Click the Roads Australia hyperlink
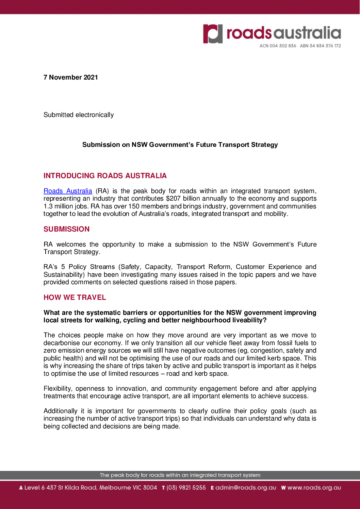(x=68, y=191)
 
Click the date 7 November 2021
(x=71, y=78)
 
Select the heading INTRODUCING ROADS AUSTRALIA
(x=105, y=176)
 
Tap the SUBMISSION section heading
(x=66, y=229)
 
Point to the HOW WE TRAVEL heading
(x=75, y=298)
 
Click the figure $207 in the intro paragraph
(x=173, y=199)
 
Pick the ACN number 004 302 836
(x=282, y=46)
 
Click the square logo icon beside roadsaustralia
(x=213, y=34)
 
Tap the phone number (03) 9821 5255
(x=186, y=488)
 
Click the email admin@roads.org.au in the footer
(x=246, y=488)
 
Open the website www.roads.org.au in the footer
(x=314, y=488)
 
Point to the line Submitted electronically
(x=79, y=115)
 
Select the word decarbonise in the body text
(x=61, y=343)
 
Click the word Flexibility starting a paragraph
(x=58, y=389)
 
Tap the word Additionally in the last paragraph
(x=60, y=411)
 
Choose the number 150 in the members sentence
(x=134, y=206)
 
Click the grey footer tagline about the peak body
(x=180, y=475)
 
